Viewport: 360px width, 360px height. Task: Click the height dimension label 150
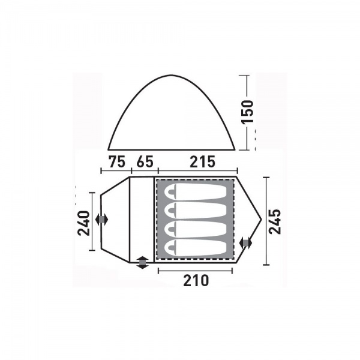(247, 111)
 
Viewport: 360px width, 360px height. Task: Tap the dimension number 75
(117, 161)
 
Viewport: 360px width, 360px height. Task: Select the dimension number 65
(145, 161)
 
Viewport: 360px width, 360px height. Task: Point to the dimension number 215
(203, 161)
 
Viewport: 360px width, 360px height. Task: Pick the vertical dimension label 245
(275, 221)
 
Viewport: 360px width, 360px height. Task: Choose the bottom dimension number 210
(196, 280)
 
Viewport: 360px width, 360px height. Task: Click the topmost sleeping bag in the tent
(196, 191)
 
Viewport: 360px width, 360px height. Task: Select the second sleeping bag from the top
(196, 210)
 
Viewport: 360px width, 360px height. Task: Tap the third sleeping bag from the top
(196, 229)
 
